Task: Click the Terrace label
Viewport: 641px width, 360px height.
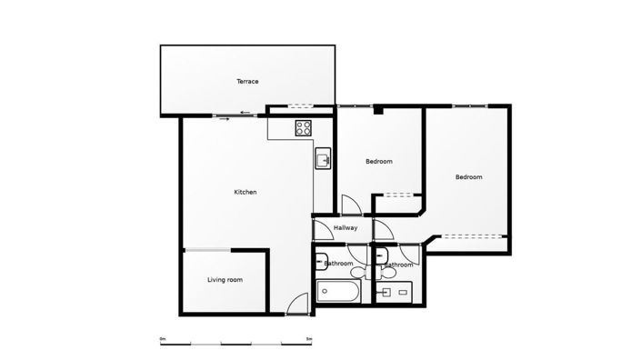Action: [247, 82]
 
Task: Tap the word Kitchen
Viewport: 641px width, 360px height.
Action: [245, 192]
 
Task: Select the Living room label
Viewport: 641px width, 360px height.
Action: [225, 280]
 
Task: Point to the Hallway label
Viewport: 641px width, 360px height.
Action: [346, 227]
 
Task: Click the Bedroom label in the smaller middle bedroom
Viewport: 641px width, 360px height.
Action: [378, 162]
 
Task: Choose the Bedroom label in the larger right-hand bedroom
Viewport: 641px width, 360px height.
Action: [468, 177]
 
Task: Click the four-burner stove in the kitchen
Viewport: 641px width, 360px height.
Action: [304, 129]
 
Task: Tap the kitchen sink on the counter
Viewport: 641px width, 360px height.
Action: [322, 161]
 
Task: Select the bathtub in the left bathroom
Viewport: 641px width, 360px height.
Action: [338, 293]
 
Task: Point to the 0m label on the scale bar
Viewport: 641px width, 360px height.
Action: [163, 338]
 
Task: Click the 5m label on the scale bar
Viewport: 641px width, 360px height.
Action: [309, 338]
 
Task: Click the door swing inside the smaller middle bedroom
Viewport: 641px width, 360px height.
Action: [347, 205]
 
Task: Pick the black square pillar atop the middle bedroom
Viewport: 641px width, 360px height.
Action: [380, 111]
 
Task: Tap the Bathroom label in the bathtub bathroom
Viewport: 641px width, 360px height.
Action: [339, 264]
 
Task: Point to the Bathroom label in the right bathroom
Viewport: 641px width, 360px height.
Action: [399, 265]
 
